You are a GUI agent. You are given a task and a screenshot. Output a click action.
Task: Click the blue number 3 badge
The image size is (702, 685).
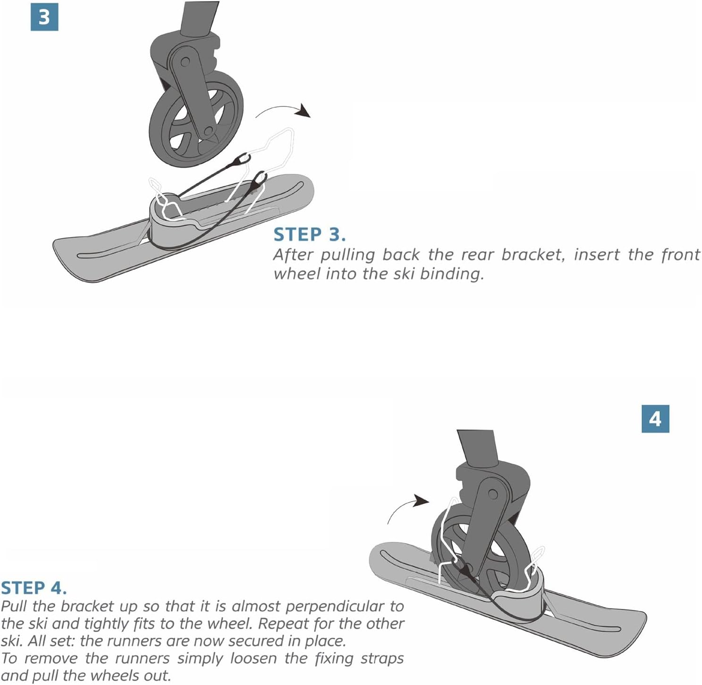click(44, 17)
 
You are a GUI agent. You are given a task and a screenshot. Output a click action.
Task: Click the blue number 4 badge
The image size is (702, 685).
click(655, 419)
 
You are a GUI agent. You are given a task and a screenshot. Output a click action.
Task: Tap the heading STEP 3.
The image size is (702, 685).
click(310, 235)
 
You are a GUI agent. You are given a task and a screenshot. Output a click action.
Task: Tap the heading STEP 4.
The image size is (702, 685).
click(34, 588)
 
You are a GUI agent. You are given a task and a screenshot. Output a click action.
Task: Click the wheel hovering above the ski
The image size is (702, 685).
click(195, 119)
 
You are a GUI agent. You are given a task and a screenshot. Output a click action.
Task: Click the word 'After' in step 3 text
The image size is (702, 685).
click(294, 255)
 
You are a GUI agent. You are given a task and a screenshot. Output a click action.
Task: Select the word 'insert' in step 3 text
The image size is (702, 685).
click(596, 255)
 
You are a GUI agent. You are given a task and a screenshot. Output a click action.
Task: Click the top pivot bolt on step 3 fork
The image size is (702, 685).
click(185, 62)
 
